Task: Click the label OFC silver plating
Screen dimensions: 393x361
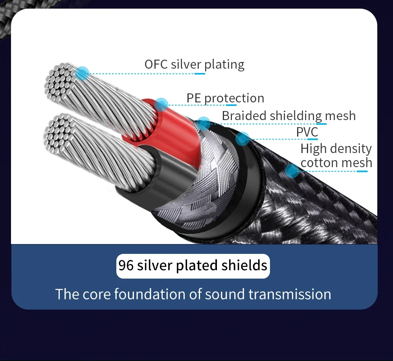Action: [x=194, y=64]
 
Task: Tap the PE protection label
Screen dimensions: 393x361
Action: [x=225, y=98]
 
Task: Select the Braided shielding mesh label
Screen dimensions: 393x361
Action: [x=288, y=116]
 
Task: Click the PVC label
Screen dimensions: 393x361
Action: [x=307, y=132]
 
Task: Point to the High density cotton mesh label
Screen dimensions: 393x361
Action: [x=336, y=156]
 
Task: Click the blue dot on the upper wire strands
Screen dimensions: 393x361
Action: [x=83, y=73]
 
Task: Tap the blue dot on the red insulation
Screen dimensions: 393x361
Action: [x=161, y=104]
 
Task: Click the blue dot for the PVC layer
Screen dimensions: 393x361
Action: [x=243, y=138]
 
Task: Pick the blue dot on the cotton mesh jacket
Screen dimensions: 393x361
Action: [x=292, y=171]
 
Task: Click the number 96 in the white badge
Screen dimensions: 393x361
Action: [x=126, y=266]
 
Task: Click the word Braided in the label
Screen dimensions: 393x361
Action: [x=244, y=116]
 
